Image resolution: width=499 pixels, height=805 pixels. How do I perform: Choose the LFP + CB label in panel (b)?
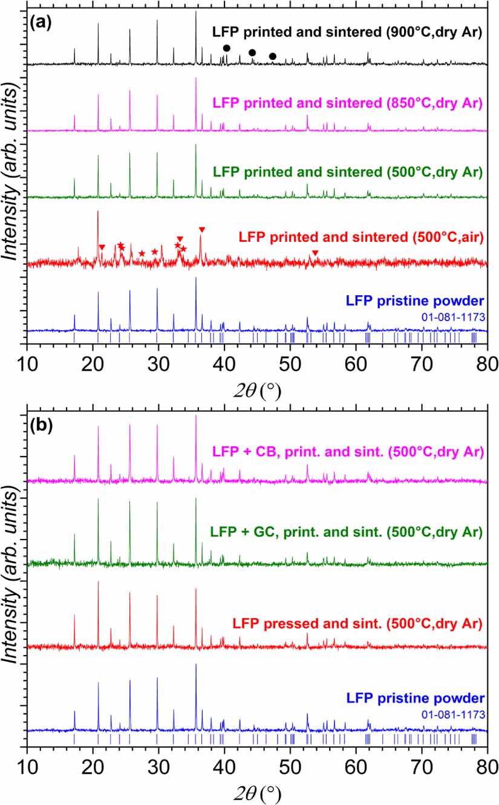point(347,451)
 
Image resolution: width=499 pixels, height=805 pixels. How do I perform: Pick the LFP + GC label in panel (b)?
point(346,533)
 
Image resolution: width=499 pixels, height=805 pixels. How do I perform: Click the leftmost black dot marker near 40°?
point(227,48)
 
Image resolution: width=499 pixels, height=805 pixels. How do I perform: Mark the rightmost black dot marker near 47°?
point(273,56)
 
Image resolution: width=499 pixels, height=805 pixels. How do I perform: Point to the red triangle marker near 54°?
point(315,253)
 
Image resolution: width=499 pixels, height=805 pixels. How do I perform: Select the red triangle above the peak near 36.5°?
point(202,229)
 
